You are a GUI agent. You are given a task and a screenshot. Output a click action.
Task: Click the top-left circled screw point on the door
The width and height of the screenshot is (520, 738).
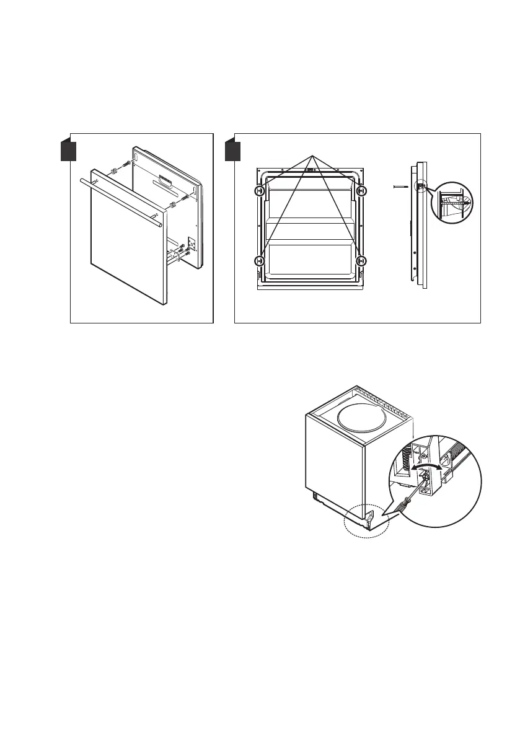click(260, 191)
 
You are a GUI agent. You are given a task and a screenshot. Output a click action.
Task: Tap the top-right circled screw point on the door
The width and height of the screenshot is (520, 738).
click(363, 191)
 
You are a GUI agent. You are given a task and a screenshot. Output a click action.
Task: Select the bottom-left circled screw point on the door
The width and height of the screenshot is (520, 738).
click(260, 261)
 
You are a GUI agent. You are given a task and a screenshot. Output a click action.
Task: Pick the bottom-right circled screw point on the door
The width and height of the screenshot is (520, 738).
click(363, 261)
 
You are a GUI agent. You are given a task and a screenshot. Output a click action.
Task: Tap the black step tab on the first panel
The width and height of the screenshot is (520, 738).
click(68, 151)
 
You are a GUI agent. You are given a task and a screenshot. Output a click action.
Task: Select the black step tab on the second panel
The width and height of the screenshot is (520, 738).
click(232, 151)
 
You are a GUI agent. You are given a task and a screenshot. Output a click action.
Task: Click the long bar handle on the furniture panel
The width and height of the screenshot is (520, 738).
click(121, 202)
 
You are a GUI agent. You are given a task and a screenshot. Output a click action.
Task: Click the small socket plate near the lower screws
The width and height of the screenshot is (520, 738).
click(192, 242)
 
